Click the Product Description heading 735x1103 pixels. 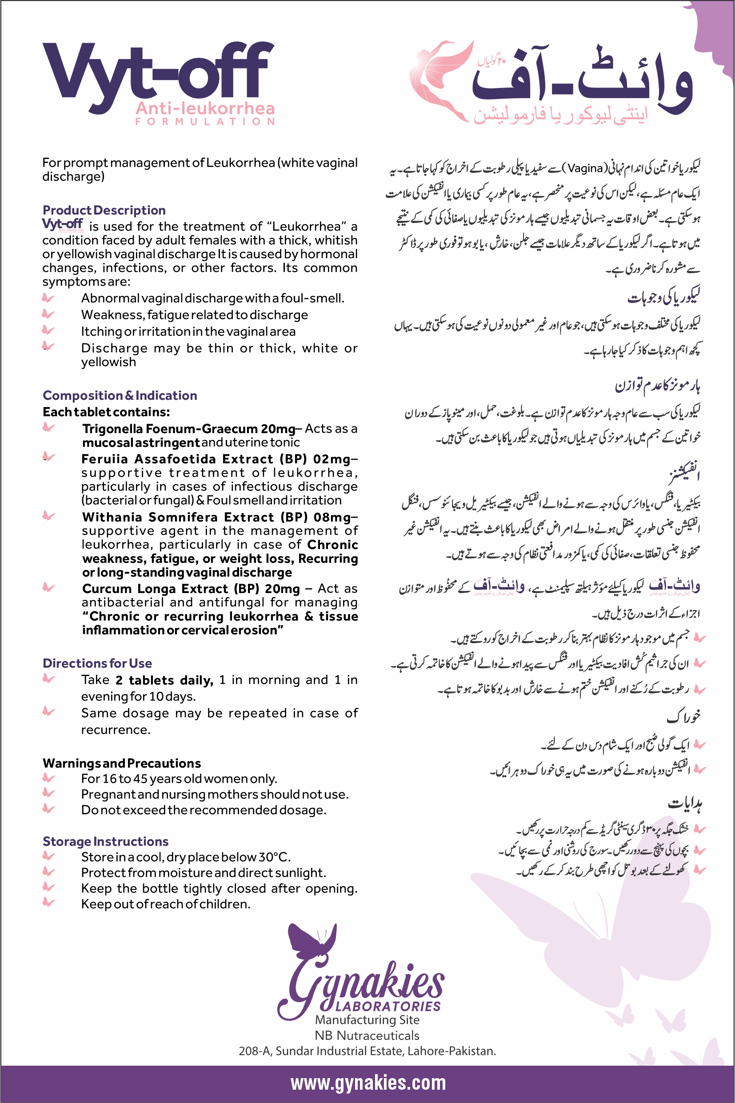[x=104, y=210]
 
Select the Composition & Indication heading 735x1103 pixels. [x=120, y=395]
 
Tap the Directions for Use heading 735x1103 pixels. [x=97, y=663]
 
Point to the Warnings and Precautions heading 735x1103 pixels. [x=121, y=763]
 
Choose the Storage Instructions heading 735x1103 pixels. [x=105, y=841]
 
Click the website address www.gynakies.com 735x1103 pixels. [x=368, y=1083]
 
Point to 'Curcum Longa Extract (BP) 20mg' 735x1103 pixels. [x=191, y=589]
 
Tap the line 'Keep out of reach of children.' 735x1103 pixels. [x=165, y=904]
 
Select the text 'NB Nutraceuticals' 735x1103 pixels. [x=367, y=1035]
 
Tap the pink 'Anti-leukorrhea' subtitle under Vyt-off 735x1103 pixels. [x=205, y=109]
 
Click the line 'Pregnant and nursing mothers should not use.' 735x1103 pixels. [x=215, y=794]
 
